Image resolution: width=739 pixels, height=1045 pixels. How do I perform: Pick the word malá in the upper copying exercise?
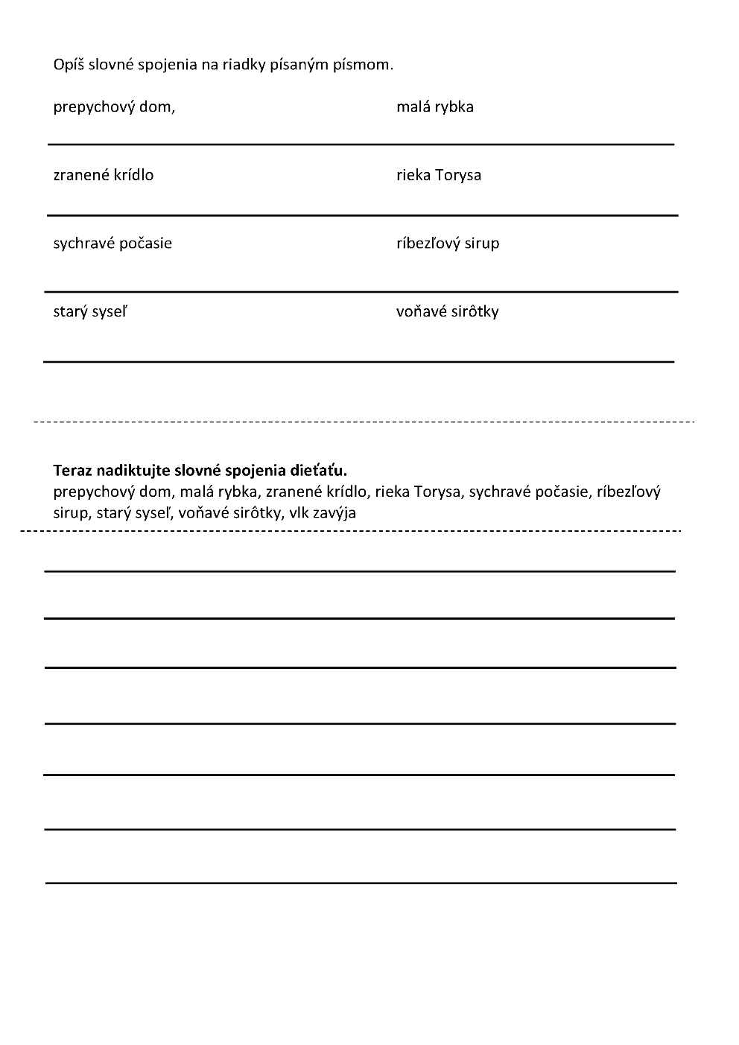click(x=413, y=107)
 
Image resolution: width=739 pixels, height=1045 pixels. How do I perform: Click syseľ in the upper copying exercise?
click(x=110, y=311)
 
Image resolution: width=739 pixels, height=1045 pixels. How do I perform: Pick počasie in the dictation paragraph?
click(x=557, y=492)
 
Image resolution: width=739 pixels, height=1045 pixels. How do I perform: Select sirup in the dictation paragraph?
click(x=70, y=512)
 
